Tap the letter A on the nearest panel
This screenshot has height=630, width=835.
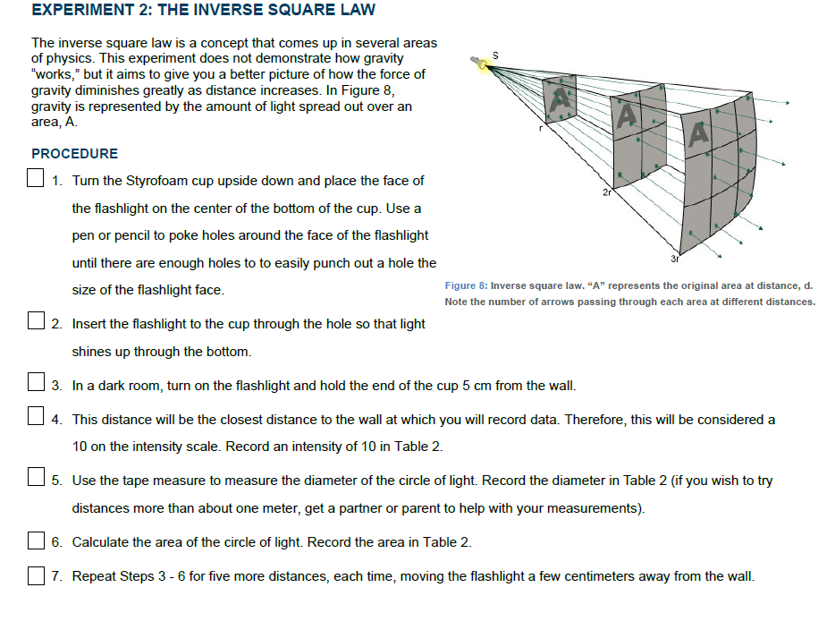point(561,98)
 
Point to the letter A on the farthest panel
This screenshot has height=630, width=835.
point(698,133)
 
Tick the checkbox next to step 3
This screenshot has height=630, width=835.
point(37,386)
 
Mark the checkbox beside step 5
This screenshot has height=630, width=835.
point(37,481)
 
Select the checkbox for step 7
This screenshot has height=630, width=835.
point(37,576)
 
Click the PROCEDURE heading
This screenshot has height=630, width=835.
point(74,154)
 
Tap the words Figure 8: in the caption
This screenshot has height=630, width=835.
point(465,285)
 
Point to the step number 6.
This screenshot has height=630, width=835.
point(56,542)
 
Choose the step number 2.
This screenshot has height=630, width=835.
point(56,324)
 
